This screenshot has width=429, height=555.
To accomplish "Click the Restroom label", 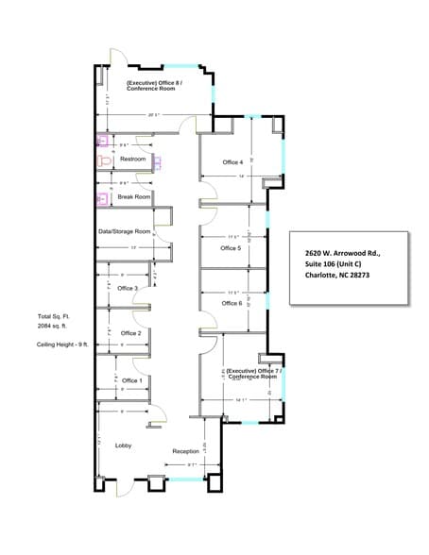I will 133,160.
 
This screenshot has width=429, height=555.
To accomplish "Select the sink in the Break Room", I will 102,198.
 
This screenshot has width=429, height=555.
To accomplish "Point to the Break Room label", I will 134,196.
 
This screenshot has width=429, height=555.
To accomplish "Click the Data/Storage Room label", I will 125,231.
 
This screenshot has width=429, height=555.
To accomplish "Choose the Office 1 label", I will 131,380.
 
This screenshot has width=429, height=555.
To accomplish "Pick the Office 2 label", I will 130,333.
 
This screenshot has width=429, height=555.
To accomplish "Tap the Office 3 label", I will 128,288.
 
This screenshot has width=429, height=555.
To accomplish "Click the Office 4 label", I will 232,162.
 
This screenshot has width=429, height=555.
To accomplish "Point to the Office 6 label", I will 232,303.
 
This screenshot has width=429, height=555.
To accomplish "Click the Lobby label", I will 123,445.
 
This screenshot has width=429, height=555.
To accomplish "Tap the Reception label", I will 185,451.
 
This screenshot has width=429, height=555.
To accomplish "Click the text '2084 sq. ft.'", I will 56,326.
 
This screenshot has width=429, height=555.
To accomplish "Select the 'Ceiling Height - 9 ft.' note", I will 60,345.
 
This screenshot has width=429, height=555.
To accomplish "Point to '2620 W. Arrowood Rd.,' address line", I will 342,253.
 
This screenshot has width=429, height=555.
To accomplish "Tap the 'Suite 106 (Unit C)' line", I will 333,264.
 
